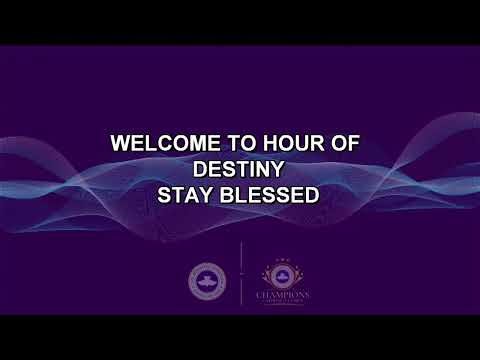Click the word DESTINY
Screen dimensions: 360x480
[239, 168]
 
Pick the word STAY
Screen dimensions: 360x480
[185, 194]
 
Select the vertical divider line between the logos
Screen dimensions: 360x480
[241, 273]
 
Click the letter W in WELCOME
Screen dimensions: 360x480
[120, 143]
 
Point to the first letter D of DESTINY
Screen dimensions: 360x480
[199, 168]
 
